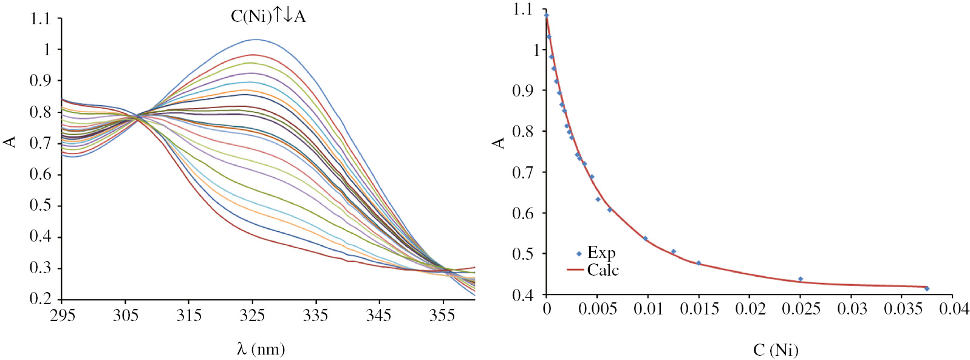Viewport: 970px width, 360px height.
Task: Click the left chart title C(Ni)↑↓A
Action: (268, 16)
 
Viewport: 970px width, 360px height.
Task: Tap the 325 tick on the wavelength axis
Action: (252, 314)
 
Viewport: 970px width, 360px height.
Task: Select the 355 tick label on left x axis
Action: (442, 314)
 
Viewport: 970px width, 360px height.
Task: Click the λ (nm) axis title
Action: (261, 349)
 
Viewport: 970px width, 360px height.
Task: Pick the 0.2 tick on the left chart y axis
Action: (40, 299)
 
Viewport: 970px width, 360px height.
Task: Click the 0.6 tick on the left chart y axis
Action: (40, 174)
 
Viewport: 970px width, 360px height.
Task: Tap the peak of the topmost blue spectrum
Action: (255, 39)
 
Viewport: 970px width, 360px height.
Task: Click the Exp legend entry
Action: (601, 253)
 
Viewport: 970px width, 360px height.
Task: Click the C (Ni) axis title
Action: (776, 350)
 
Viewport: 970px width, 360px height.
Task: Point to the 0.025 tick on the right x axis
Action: (801, 309)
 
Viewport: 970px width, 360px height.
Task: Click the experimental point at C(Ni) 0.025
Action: (801, 279)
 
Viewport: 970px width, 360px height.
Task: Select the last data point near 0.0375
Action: (927, 288)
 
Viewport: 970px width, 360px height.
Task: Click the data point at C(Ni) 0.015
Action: (698, 263)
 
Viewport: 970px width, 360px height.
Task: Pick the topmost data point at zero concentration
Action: (547, 16)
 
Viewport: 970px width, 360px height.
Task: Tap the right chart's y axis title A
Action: (499, 143)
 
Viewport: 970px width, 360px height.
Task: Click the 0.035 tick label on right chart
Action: (903, 309)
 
